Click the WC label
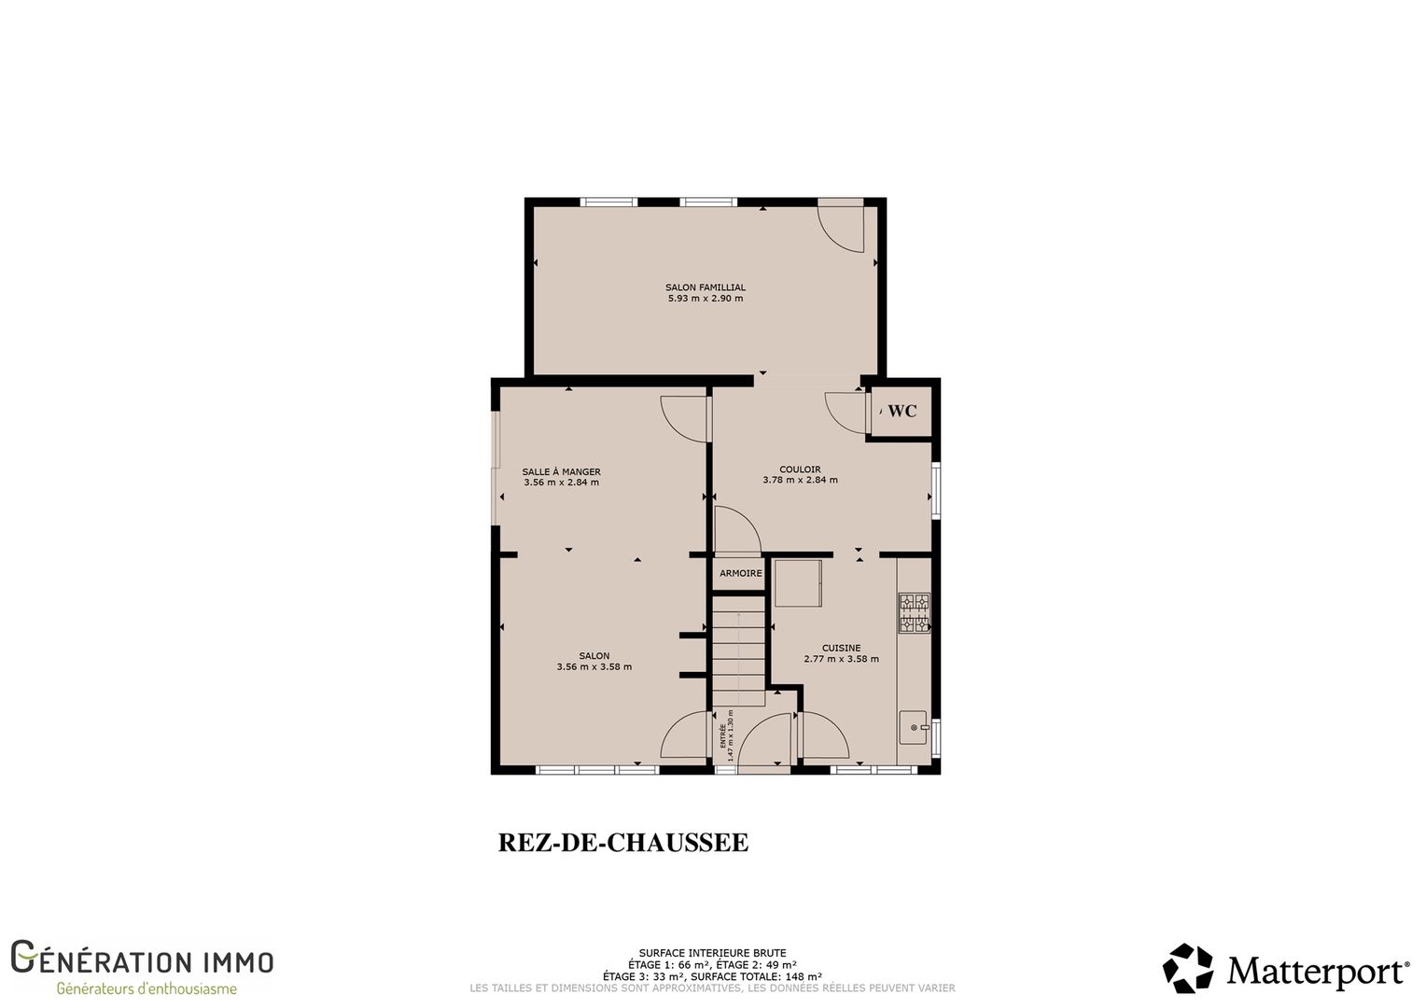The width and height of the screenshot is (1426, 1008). [x=902, y=411]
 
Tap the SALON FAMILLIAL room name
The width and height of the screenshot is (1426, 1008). [x=706, y=287]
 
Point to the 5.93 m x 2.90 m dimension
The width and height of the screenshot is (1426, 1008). [x=706, y=298]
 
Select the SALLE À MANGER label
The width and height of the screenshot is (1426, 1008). [x=562, y=472]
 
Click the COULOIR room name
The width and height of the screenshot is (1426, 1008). [x=800, y=469]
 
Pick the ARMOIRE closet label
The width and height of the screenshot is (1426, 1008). [x=741, y=573]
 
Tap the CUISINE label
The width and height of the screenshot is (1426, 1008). [x=842, y=648]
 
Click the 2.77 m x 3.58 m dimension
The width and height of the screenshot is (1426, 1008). [x=842, y=659]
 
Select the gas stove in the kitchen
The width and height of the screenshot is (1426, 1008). [x=915, y=612]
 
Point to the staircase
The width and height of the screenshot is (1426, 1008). [x=738, y=651]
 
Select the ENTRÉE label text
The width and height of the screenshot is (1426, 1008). [x=723, y=735]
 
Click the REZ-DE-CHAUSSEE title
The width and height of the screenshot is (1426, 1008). [x=623, y=843]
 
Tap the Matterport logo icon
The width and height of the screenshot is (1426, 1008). [x=1188, y=968]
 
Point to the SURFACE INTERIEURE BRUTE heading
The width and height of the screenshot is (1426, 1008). [x=712, y=953]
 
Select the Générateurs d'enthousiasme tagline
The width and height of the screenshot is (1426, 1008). [x=147, y=989]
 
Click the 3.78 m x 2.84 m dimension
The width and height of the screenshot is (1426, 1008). [x=800, y=480]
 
